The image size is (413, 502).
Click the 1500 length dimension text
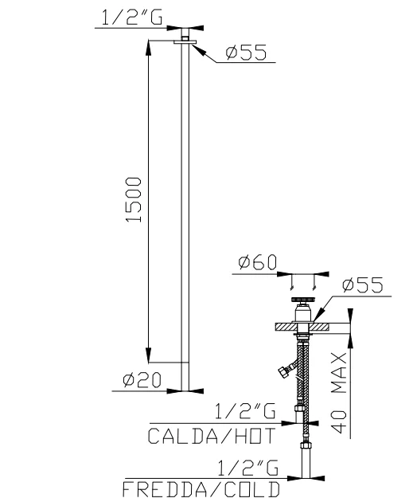point(134,199)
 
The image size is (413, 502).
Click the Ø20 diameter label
point(142,380)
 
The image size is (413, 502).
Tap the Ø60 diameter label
point(257,262)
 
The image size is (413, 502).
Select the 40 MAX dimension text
point(338,393)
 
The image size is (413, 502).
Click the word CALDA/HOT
point(212,436)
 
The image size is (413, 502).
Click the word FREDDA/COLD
point(201,489)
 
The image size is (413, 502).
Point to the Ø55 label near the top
point(246,53)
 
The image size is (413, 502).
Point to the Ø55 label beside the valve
point(363,284)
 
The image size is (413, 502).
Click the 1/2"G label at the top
point(132,18)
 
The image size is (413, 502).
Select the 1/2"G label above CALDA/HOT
point(245,411)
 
